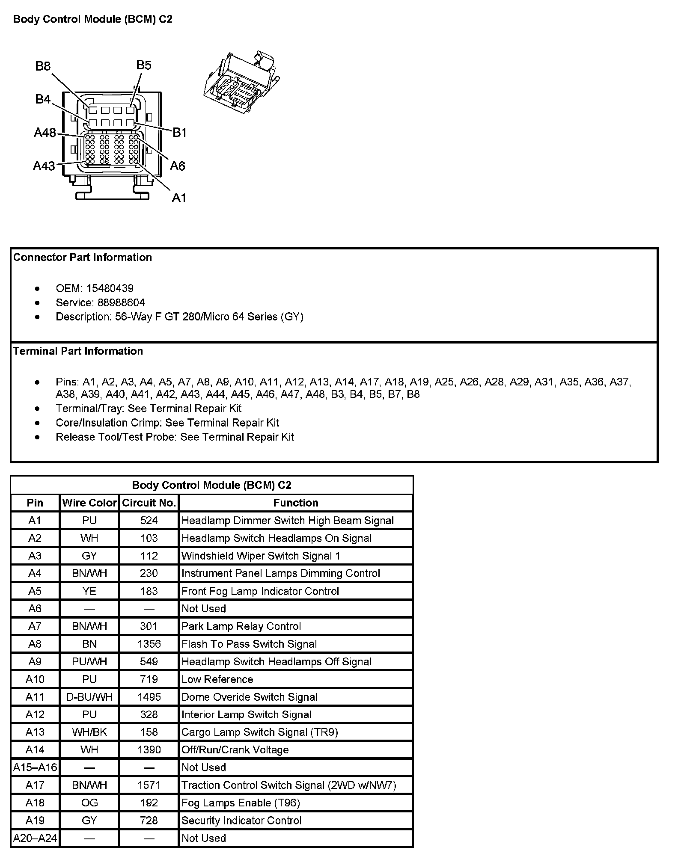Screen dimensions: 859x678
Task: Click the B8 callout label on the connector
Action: (43, 66)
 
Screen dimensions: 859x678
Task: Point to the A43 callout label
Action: (44, 166)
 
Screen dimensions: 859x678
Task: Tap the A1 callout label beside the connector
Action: (179, 198)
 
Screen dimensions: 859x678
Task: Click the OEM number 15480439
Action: (110, 288)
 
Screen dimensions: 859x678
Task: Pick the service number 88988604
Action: (122, 303)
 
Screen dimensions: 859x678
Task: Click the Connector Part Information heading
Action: (83, 258)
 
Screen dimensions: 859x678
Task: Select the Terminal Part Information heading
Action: (78, 351)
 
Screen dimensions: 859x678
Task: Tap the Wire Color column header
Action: (89, 503)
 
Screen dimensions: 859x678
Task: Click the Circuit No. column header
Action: (149, 503)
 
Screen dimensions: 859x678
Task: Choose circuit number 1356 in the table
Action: (149, 644)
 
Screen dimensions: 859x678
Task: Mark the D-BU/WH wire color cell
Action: (89, 697)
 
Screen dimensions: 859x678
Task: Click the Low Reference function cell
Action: (217, 679)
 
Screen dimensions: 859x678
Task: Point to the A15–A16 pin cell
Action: (35, 767)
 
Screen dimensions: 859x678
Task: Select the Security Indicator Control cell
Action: (241, 820)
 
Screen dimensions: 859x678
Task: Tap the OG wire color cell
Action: (89, 803)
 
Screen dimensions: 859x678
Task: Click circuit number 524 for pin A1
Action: (149, 520)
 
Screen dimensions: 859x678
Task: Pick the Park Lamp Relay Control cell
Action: (241, 626)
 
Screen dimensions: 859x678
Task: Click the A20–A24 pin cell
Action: (35, 838)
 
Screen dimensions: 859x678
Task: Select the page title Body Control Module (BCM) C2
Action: (93, 19)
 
